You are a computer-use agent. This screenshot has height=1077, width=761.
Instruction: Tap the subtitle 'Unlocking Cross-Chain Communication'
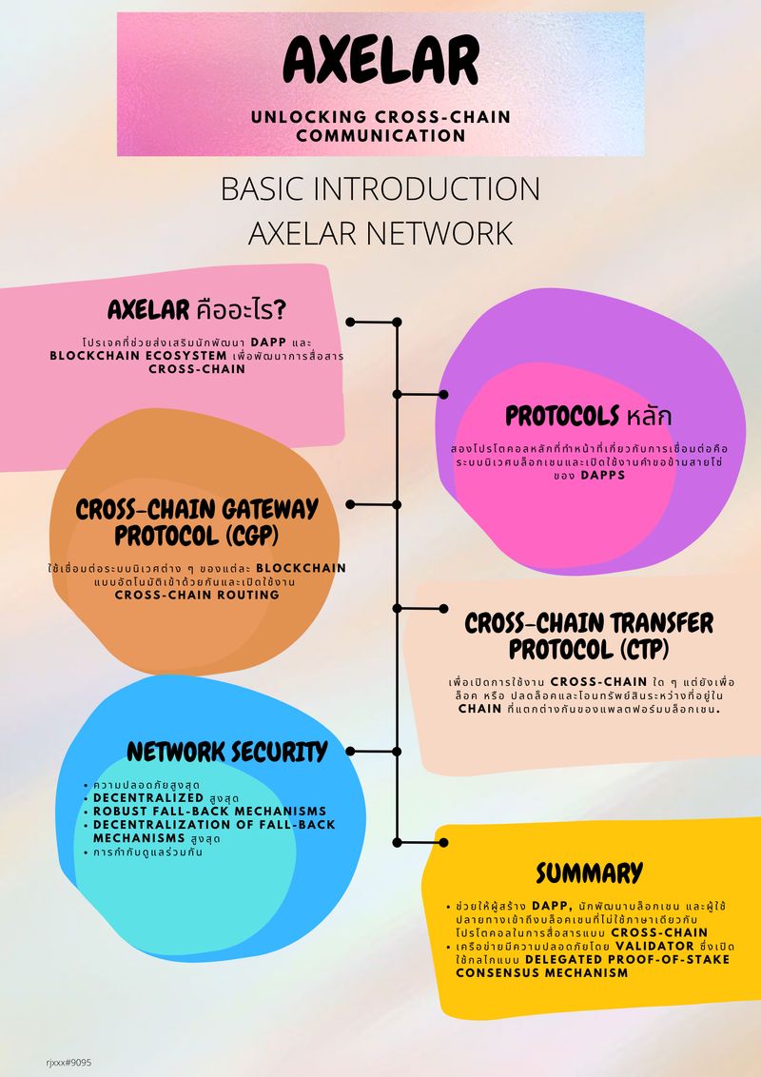[380, 126]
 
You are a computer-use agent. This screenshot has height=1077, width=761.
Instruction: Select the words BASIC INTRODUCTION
[380, 188]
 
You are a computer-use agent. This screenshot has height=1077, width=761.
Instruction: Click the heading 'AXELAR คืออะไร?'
[197, 310]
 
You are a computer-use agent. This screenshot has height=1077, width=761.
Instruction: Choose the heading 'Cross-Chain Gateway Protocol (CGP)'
[197, 522]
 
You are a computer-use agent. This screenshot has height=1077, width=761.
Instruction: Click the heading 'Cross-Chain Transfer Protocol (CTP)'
[588, 636]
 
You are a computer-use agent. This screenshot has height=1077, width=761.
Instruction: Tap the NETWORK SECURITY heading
[226, 752]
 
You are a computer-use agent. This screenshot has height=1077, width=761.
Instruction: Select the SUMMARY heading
[589, 872]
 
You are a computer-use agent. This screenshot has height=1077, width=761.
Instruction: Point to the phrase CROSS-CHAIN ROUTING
[197, 595]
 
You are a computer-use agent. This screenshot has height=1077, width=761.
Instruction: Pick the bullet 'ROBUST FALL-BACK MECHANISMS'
[209, 811]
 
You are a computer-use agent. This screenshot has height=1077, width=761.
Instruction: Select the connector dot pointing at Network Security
[351, 751]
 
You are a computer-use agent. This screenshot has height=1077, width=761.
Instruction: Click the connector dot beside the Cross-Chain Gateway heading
[351, 504]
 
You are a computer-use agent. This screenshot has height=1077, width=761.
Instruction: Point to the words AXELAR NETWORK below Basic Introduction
[380, 234]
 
